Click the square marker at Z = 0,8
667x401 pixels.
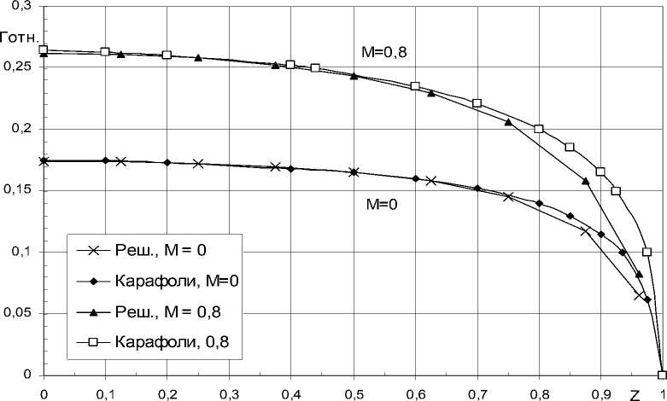tap(539, 129)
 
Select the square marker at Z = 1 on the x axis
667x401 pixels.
tap(662, 375)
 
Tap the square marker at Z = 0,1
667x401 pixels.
tap(105, 51)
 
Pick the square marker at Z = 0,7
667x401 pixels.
tap(477, 103)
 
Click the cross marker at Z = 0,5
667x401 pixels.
tap(353, 171)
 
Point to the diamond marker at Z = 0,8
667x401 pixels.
tap(539, 203)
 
